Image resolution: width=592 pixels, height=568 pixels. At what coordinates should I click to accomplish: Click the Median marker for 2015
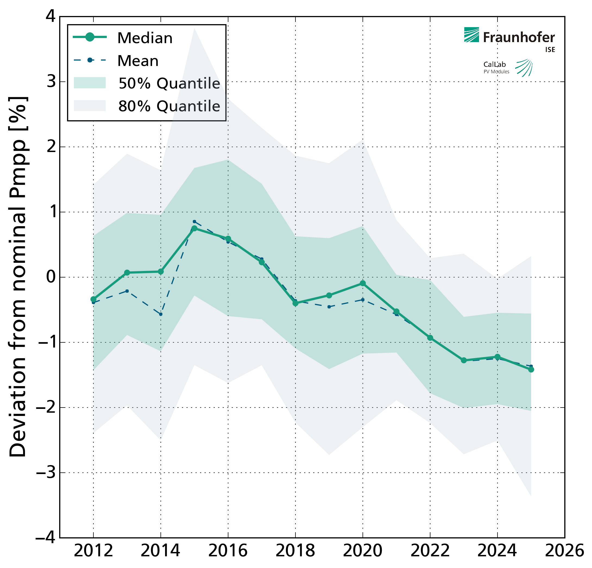tap(194, 228)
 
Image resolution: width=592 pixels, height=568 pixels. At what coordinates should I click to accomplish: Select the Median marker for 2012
tap(93, 299)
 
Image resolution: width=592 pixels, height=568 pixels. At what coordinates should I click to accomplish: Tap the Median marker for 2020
tap(363, 283)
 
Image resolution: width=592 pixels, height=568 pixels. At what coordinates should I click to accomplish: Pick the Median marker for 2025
tap(531, 370)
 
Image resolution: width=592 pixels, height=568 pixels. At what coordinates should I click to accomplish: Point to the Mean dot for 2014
tap(161, 314)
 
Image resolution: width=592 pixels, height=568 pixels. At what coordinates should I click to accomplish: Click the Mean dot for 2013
tap(127, 291)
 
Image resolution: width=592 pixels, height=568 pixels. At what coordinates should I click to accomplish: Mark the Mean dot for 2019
tap(329, 307)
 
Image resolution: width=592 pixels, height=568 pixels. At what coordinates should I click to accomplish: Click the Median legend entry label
tap(145, 38)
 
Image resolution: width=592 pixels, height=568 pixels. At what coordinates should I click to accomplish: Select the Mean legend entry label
tap(138, 61)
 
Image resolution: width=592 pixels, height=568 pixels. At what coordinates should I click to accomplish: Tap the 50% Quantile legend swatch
tap(90, 83)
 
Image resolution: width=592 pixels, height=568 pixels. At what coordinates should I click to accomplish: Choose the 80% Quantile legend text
tap(169, 106)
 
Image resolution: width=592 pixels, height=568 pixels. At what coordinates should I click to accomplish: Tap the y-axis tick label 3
tap(52, 81)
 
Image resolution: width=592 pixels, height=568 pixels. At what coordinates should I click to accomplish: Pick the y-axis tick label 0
tap(51, 277)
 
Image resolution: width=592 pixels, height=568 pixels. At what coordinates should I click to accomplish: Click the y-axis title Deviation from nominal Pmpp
tap(18, 277)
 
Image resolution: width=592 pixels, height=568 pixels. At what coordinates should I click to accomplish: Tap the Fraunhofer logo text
tap(519, 38)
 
